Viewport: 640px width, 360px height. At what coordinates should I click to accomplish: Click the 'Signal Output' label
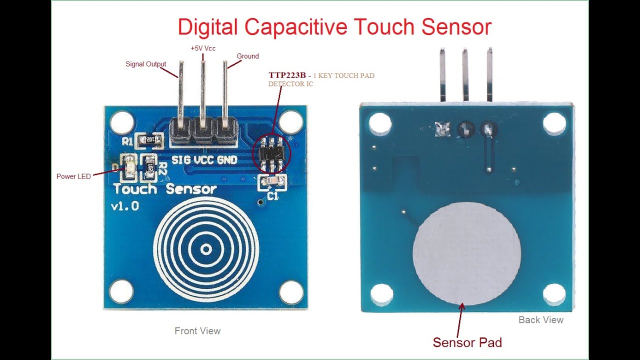145,64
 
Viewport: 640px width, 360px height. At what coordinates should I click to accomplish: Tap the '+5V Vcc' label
203,48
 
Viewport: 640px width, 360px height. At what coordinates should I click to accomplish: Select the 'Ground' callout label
247,56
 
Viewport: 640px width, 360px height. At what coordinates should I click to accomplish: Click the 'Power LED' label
73,176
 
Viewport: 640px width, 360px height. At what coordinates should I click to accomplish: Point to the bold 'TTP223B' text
287,75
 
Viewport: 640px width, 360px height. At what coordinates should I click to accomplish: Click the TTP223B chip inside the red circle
272,152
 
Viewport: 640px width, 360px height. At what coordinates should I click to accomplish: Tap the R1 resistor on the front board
150,140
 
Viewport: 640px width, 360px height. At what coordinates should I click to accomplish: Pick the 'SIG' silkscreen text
180,160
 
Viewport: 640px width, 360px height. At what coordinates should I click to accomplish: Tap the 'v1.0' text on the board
125,205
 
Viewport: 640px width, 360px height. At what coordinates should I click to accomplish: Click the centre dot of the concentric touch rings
205,248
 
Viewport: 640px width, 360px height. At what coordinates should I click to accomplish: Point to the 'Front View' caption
197,330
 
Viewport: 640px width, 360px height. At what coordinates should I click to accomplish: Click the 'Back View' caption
541,320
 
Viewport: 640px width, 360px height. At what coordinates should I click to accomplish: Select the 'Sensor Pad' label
467,342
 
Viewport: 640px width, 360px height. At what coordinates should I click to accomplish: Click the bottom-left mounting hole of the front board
121,291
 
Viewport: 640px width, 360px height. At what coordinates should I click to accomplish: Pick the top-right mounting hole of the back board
554,123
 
